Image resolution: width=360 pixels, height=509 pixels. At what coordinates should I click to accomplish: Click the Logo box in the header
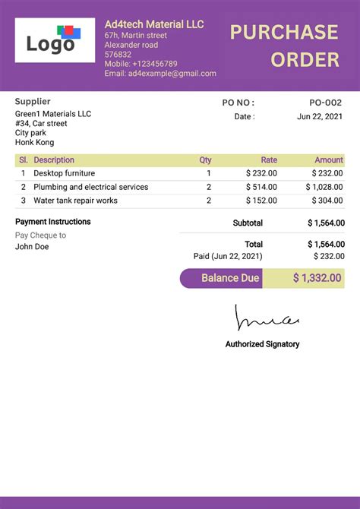click(55, 40)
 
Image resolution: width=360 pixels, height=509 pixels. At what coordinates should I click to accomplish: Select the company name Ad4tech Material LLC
click(154, 24)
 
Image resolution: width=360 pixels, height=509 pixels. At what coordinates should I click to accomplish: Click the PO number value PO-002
click(327, 103)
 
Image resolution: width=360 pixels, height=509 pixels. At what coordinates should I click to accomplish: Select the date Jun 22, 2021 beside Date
click(321, 116)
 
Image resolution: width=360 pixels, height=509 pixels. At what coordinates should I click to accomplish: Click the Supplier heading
click(33, 101)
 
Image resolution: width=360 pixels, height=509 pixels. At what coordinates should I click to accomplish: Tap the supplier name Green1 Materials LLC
click(53, 114)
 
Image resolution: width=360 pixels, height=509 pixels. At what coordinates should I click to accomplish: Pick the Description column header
click(54, 160)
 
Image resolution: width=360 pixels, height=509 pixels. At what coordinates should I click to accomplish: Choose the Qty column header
click(205, 160)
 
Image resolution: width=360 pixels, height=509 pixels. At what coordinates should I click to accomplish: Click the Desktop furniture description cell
click(65, 173)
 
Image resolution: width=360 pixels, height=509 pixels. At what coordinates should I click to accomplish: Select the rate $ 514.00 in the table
click(261, 187)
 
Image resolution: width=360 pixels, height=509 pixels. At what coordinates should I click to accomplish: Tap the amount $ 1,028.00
click(325, 187)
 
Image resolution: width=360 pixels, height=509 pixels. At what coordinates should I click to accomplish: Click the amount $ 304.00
click(327, 201)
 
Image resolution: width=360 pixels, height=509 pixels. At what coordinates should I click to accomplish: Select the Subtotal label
click(248, 223)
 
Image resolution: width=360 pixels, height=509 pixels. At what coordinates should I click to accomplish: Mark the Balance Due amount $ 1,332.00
click(317, 278)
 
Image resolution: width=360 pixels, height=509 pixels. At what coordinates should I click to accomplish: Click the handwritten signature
click(267, 319)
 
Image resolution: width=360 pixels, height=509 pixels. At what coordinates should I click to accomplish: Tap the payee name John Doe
click(32, 246)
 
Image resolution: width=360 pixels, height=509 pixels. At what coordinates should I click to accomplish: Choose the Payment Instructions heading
click(53, 222)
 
